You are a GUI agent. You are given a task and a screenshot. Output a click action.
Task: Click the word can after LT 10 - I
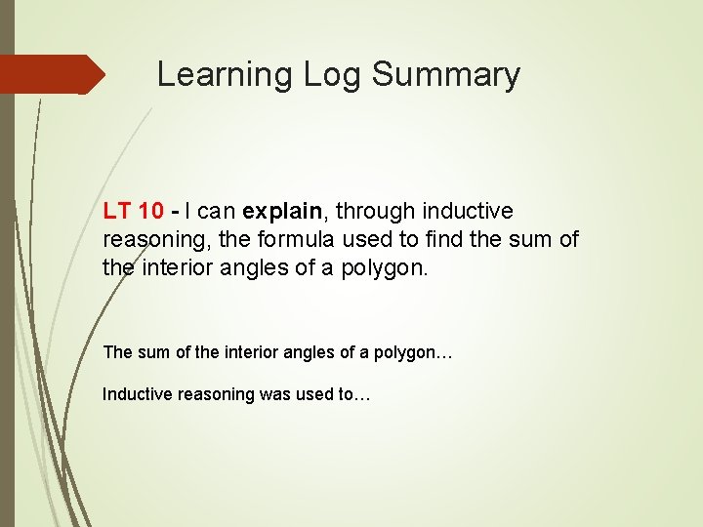point(218,212)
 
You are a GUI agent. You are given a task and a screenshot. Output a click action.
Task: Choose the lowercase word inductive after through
point(467,212)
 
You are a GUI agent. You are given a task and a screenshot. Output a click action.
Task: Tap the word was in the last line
point(276,394)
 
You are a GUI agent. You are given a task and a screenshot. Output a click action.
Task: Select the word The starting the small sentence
point(117,352)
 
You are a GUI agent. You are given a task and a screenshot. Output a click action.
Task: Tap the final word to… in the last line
point(353,394)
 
